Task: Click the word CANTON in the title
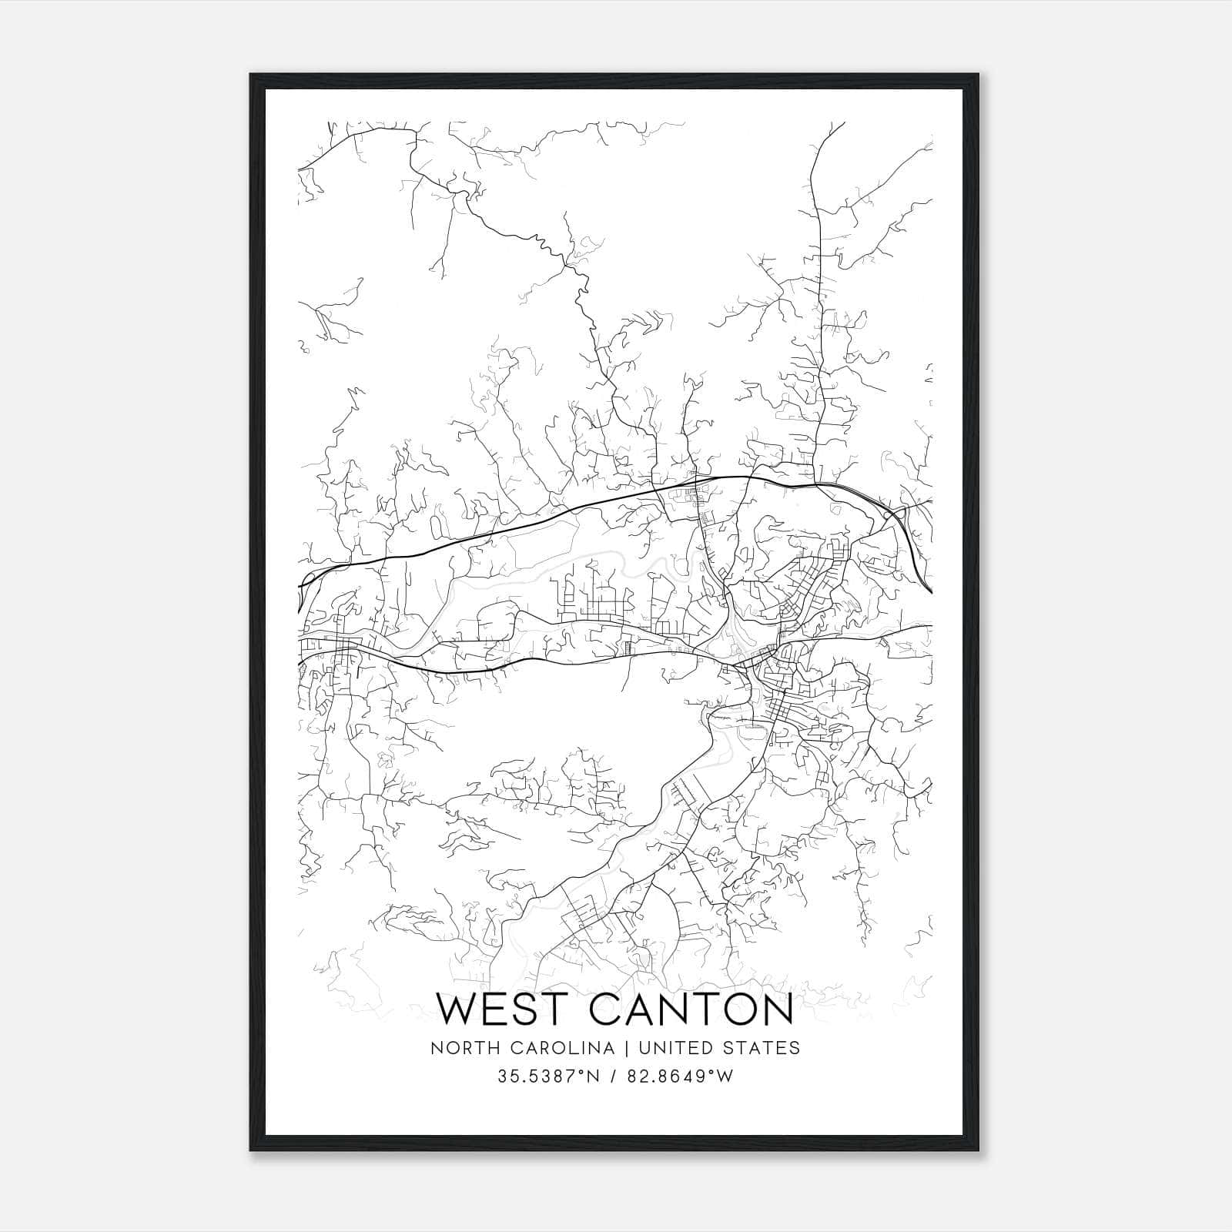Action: coord(691,1009)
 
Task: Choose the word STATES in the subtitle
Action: coord(762,1048)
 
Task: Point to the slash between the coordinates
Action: coord(613,1076)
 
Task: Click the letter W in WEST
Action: coord(460,1009)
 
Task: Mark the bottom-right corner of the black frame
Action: coord(979,1150)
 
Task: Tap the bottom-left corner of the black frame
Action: coord(251,1150)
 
